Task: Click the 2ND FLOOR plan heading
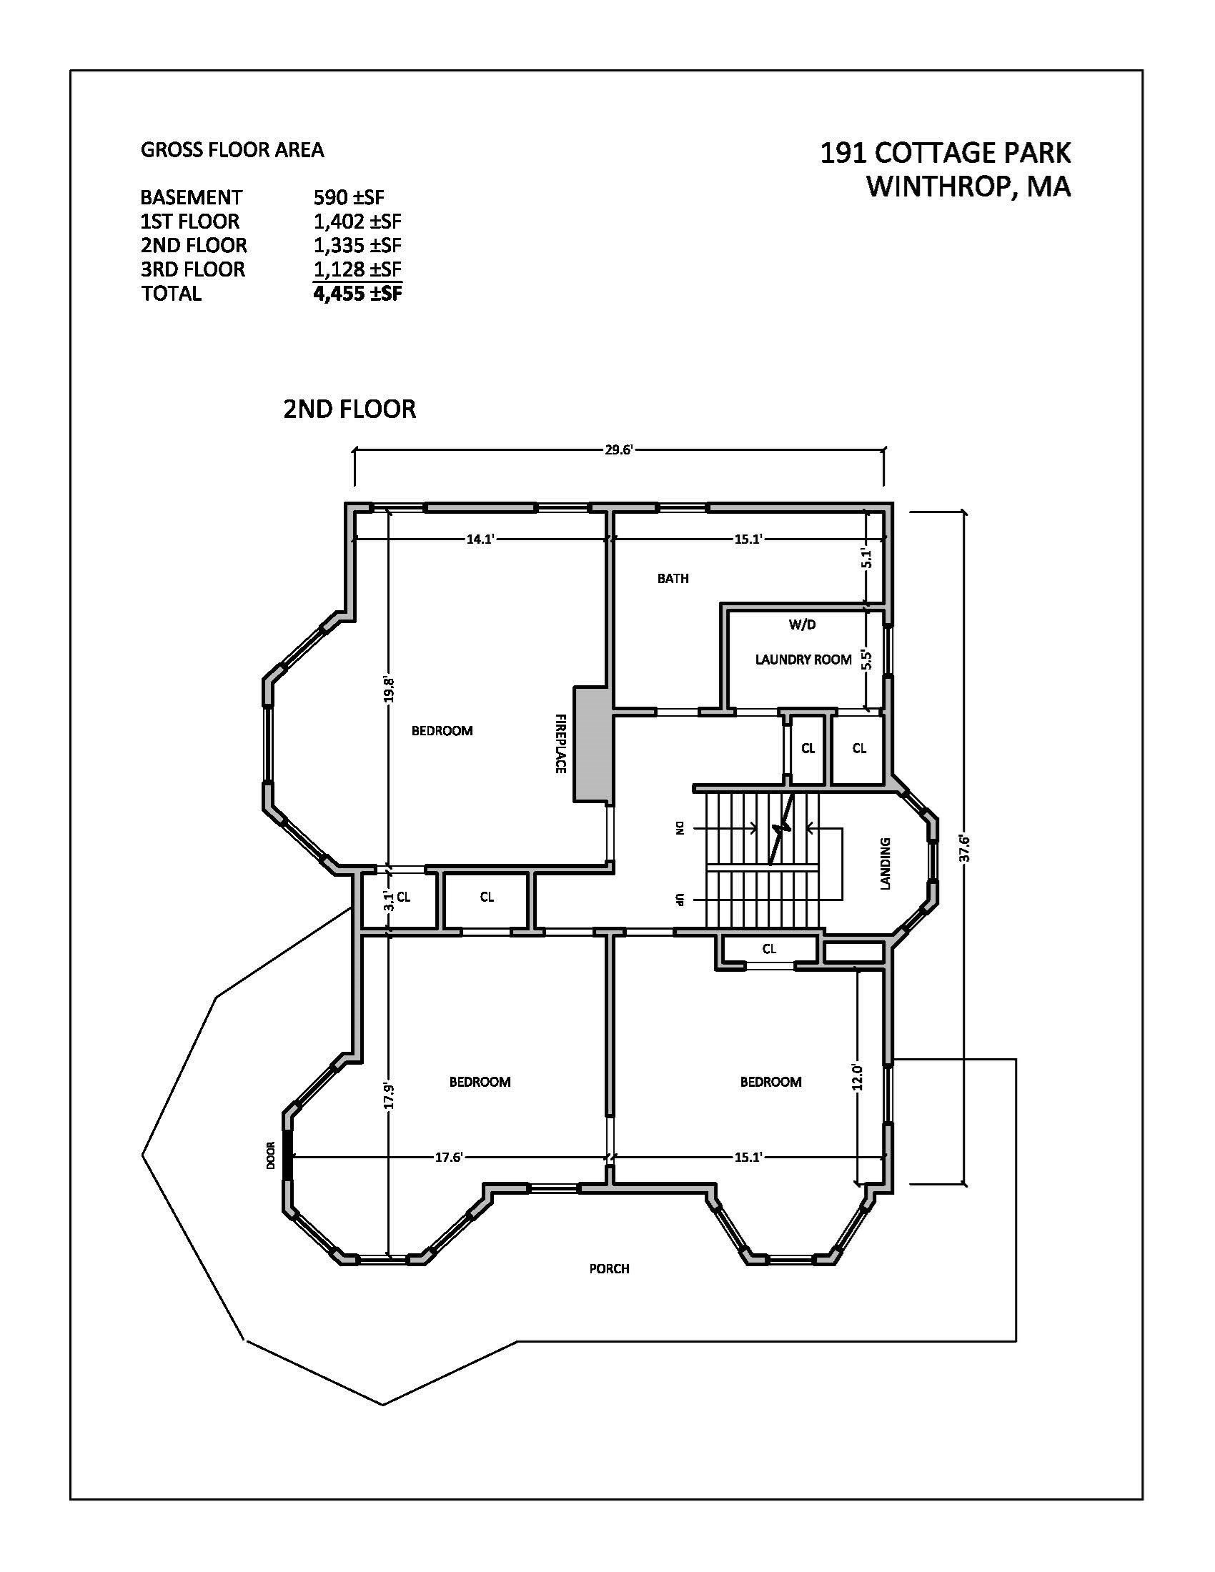point(349,409)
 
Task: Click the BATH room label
point(673,578)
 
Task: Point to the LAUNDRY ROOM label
point(803,660)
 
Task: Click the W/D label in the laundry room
point(802,625)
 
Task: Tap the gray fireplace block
point(592,745)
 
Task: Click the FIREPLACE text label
point(561,744)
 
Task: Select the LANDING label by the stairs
point(886,863)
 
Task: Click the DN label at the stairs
point(678,828)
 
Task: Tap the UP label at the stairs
point(678,900)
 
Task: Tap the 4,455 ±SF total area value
point(357,294)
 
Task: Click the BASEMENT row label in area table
point(191,197)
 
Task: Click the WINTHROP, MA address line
point(968,186)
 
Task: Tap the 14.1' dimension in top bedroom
point(480,538)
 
